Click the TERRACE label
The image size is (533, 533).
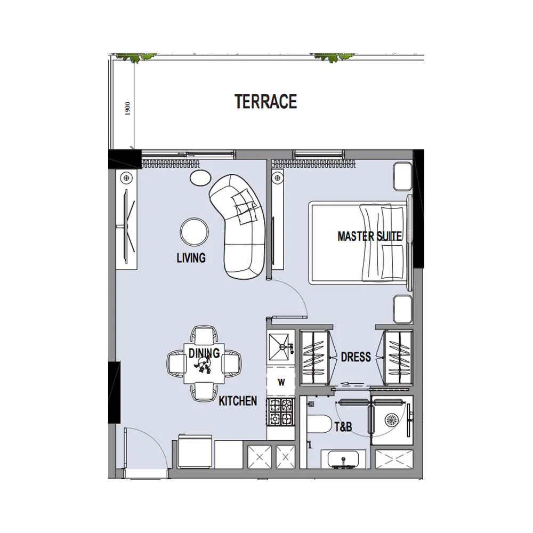tap(265, 101)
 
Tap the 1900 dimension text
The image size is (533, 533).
tap(127, 108)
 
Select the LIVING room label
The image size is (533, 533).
tap(191, 258)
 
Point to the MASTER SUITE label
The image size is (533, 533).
tap(369, 236)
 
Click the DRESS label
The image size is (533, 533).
tap(356, 357)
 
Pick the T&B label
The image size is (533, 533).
tap(343, 426)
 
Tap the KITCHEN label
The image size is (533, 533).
tap(238, 401)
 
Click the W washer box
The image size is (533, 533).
tap(281, 382)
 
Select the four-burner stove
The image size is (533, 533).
tap(281, 413)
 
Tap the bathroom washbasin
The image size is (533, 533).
tap(343, 459)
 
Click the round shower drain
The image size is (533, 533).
tap(391, 420)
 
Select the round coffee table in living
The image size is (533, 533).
tap(194, 232)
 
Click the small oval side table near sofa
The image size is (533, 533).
tap(200, 178)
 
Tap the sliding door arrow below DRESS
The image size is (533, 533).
tap(353, 384)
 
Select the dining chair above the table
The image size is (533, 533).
tap(204, 334)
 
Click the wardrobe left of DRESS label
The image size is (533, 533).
tap(314, 358)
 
